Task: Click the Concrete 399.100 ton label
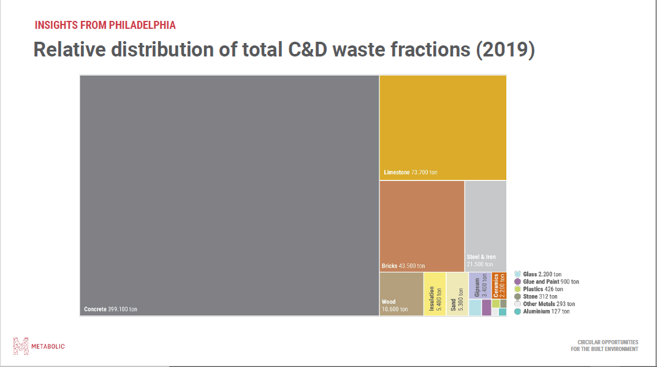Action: (x=111, y=309)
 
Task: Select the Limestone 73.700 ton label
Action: (x=411, y=172)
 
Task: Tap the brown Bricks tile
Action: (x=422, y=226)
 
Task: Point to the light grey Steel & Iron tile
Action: (x=485, y=225)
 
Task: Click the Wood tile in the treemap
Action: (x=401, y=293)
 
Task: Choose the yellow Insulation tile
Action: (x=435, y=293)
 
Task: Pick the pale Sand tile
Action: (x=456, y=293)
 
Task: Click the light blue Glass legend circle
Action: (x=518, y=274)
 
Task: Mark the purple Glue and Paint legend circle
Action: (x=518, y=282)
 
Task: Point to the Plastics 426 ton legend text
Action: (x=542, y=289)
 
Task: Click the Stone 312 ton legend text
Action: (x=540, y=296)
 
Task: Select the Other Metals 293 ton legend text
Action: (x=549, y=304)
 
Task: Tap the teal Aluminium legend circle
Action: (x=518, y=312)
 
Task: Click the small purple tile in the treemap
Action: (x=487, y=307)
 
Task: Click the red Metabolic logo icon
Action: (x=21, y=346)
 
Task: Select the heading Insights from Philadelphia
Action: (x=105, y=25)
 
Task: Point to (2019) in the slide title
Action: (x=505, y=50)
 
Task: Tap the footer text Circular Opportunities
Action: (x=607, y=342)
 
